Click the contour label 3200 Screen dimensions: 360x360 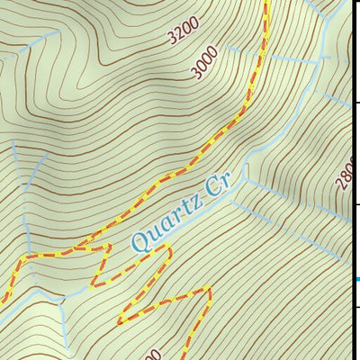[x=181, y=34]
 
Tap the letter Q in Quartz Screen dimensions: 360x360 [x=140, y=240]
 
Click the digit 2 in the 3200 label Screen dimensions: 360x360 [x=176, y=38]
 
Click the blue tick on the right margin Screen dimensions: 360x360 [x=357, y=279]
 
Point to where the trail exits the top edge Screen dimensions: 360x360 [x=267, y=3]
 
